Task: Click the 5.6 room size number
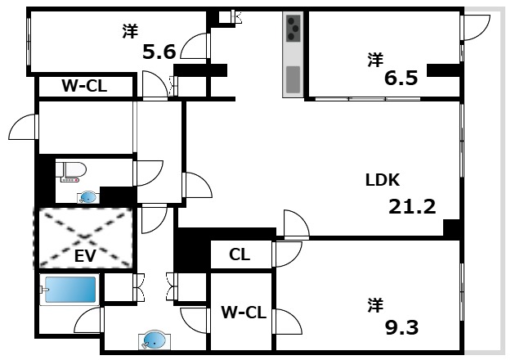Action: pyautogui.click(x=159, y=52)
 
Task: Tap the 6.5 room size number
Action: pyautogui.click(x=401, y=79)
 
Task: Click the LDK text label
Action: pyautogui.click(x=382, y=180)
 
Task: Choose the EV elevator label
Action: pyautogui.click(x=85, y=256)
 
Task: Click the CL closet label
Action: pyautogui.click(x=239, y=255)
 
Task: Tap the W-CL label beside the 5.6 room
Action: pyautogui.click(x=84, y=86)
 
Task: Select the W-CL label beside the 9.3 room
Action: pyautogui.click(x=243, y=312)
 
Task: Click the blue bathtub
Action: pyautogui.click(x=70, y=290)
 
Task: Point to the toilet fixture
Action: pyautogui.click(x=71, y=170)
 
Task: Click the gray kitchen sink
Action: pyautogui.click(x=293, y=79)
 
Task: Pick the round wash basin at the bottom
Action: pyautogui.click(x=152, y=340)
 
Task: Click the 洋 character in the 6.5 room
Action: pyautogui.click(x=374, y=59)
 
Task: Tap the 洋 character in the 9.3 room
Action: pyautogui.click(x=374, y=306)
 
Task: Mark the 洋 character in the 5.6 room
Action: pyautogui.click(x=129, y=31)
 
